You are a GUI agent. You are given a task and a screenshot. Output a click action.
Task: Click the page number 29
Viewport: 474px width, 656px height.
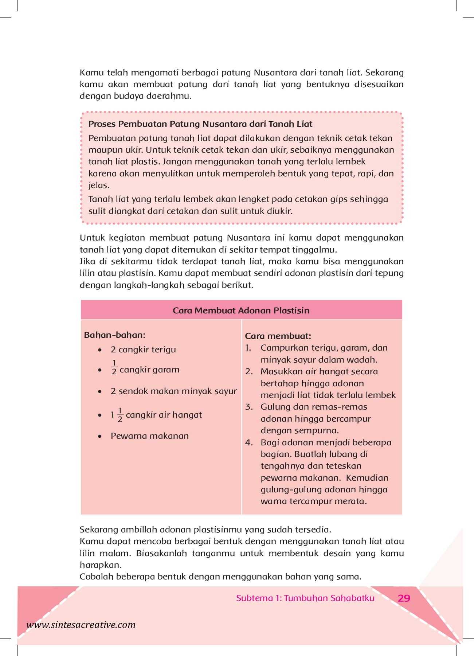tap(404, 598)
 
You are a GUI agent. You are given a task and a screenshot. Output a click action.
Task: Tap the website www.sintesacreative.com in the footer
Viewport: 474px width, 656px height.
tap(81, 625)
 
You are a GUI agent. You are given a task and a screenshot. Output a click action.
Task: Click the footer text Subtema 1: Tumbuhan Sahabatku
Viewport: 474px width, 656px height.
tap(305, 598)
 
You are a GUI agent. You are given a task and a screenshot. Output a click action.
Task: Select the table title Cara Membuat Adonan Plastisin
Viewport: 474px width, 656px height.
tap(241, 311)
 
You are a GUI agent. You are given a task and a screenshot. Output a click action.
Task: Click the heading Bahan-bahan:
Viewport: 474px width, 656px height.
tap(114, 335)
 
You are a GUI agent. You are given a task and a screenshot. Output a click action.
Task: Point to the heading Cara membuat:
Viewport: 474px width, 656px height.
tap(278, 336)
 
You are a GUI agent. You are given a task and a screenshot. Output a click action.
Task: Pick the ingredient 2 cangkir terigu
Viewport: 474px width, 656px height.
tap(143, 350)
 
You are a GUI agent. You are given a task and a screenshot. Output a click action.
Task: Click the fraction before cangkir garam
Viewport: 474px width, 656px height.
tap(114, 367)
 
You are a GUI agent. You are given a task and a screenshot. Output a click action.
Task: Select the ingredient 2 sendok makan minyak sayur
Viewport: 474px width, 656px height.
tap(173, 391)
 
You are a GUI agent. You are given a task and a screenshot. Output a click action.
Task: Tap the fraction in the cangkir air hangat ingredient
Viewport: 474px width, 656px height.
tap(120, 415)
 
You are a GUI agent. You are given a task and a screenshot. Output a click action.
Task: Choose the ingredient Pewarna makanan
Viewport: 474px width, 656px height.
tap(149, 436)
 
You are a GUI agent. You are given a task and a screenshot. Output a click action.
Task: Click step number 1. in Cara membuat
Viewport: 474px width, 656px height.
tap(248, 348)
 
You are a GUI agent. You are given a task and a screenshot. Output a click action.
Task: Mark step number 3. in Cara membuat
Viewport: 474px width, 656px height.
tap(249, 407)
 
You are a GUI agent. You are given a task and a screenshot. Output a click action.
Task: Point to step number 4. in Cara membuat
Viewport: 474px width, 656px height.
tap(249, 442)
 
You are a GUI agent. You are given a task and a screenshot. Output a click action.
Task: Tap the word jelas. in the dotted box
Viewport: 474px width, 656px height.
tap(99, 185)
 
